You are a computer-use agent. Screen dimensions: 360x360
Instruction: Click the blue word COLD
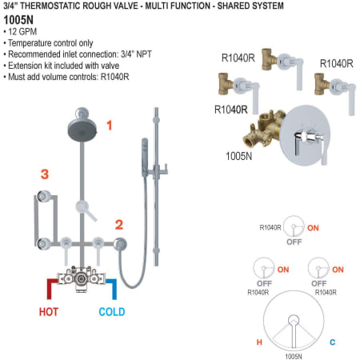pos(111,311)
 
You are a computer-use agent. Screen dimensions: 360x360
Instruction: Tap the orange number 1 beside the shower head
pos(109,126)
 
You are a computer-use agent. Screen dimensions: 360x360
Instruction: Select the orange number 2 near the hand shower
pos(118,225)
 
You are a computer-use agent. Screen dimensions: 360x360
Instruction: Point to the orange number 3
pos(45,174)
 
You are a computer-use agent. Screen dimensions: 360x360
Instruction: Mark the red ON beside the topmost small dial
pos(313,228)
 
